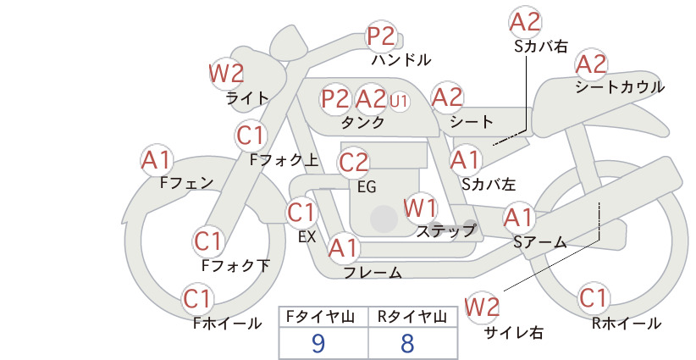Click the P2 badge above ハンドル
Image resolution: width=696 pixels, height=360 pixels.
pos(382,36)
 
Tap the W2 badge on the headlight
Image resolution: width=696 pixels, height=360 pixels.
pos(226,74)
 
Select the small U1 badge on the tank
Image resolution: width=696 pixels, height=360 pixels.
pos(399,101)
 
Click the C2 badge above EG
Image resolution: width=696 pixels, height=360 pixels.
pos(354,163)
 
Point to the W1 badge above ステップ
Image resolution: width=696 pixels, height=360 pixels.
pos(420,208)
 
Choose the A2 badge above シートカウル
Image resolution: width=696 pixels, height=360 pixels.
pos(591,64)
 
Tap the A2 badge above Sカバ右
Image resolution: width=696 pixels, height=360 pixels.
pos(525,22)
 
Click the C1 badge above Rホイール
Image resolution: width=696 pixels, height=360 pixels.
pos(593,298)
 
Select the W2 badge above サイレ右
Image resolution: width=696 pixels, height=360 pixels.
pos(482,307)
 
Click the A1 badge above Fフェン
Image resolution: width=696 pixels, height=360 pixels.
pos(157,161)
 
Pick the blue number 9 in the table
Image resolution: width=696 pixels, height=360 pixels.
pos(318,343)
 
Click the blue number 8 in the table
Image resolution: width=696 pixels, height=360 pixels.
pos(407,343)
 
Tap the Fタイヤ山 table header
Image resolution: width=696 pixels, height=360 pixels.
pos(320,317)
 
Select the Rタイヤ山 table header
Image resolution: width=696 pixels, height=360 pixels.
pos(412,317)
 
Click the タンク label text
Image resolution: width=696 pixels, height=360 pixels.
pos(362,122)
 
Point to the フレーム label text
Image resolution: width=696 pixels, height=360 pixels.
pos(373,273)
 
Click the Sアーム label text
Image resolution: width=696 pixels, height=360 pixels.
pos(540,242)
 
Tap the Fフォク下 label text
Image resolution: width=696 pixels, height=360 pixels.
pos(235,265)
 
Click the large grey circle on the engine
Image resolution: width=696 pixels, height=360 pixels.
pos(384,219)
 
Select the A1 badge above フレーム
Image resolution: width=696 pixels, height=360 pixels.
pos(344,248)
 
